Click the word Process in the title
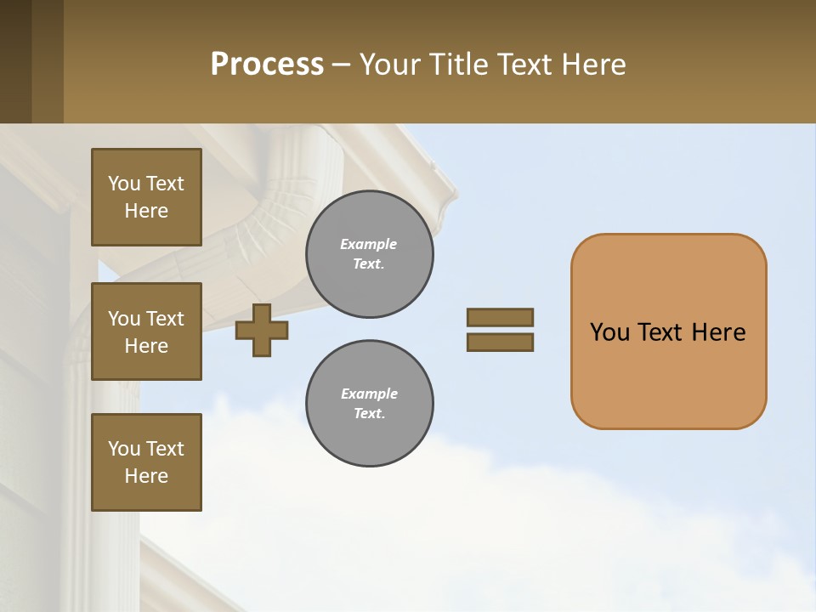(x=267, y=65)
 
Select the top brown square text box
(x=146, y=197)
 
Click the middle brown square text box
(x=146, y=331)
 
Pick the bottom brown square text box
(x=146, y=462)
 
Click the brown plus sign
(x=262, y=330)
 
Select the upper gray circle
(x=370, y=254)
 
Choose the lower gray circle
(x=370, y=404)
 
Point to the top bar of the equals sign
(x=500, y=317)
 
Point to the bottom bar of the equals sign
(x=500, y=343)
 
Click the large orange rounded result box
(x=668, y=374)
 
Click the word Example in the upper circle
(x=369, y=244)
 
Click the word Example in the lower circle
(x=369, y=394)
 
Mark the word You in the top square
(x=123, y=184)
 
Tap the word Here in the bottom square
(x=146, y=476)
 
